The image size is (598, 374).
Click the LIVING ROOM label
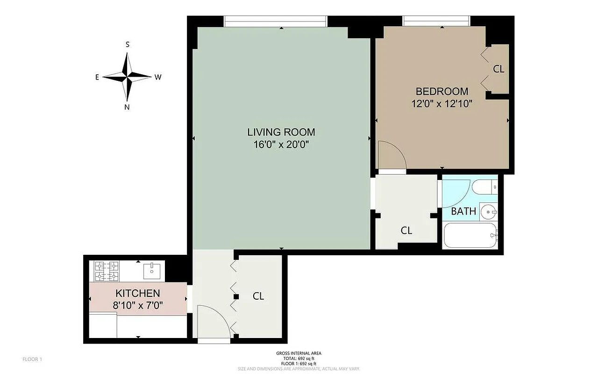tap(281, 132)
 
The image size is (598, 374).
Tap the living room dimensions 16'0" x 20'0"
tap(281, 144)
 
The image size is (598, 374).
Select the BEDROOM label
tap(441, 91)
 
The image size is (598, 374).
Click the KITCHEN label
tap(138, 294)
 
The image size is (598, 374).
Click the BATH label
tap(463, 211)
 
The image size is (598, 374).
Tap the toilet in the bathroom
tap(484, 187)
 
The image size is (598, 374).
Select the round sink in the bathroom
tap(489, 212)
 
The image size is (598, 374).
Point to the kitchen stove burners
tap(107, 272)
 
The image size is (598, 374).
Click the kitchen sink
tap(152, 270)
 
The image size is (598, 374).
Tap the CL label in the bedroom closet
tap(498, 69)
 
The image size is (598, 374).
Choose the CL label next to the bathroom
tap(406, 230)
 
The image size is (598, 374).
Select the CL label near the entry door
tap(258, 296)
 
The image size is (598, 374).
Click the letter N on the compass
tap(127, 107)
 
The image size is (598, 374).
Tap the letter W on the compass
tap(158, 77)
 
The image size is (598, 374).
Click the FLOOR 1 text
tap(32, 360)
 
